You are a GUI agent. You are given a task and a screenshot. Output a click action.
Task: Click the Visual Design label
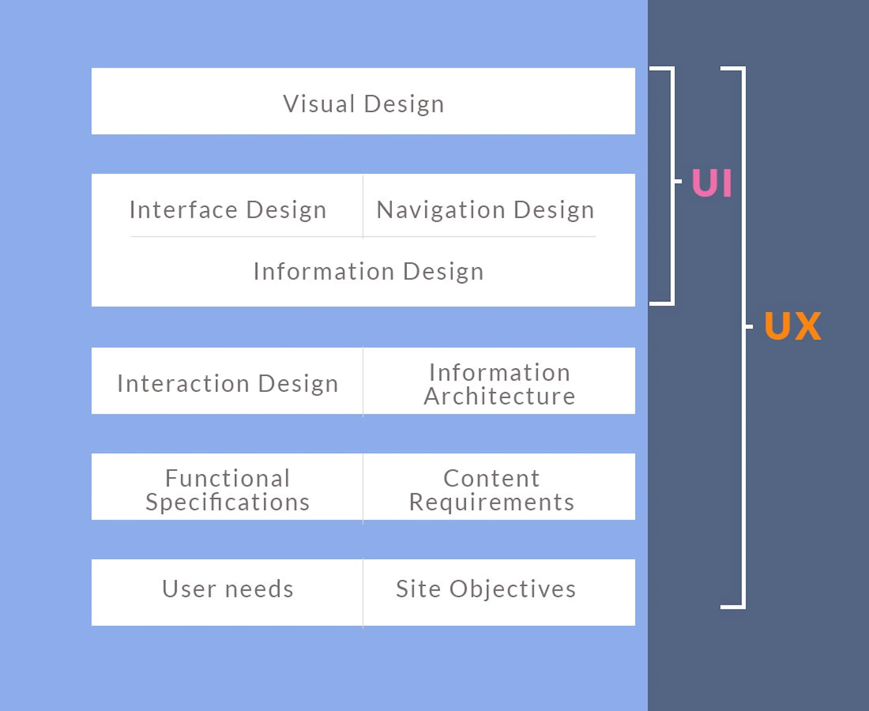[363, 104]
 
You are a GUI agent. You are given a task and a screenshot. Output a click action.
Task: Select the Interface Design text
[228, 210]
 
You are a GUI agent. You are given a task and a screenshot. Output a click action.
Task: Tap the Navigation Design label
[485, 210]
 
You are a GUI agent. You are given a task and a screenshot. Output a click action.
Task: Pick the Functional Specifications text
[228, 490]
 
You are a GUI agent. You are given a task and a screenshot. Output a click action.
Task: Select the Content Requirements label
[492, 490]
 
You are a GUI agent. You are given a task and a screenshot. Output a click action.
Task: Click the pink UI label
[712, 183]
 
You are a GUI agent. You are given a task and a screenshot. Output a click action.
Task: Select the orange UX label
[793, 326]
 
